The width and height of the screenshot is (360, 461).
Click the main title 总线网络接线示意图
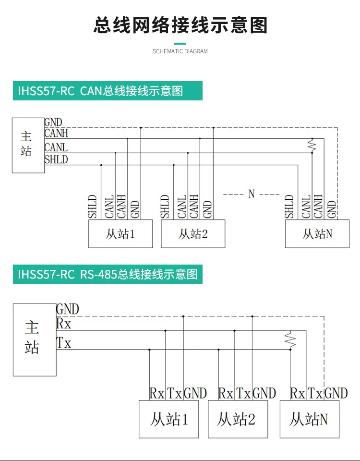tap(180, 25)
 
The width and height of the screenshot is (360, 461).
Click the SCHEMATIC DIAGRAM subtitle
tap(180, 51)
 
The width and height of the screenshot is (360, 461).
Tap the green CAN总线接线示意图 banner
tap(108, 91)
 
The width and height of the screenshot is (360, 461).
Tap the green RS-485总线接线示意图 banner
tap(108, 274)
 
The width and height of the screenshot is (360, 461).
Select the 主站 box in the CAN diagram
tap(28, 145)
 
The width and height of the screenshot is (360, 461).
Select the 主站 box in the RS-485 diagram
tap(35, 340)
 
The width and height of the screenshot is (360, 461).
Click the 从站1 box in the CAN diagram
tap(120, 234)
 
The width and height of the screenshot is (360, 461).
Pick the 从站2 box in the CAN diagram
tap(193, 234)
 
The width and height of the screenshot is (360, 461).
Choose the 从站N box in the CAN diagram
tap(317, 234)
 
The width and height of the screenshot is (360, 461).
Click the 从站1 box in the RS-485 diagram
tap(168, 419)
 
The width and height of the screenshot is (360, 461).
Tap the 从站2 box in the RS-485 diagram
tap(238, 419)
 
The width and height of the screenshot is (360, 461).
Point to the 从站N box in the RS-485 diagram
tap(310, 419)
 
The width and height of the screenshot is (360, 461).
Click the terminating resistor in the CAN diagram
tap(312, 146)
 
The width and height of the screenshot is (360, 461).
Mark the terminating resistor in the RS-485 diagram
tap(290, 340)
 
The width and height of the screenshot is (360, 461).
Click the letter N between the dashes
tap(251, 194)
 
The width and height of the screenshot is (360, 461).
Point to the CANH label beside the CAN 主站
tap(56, 133)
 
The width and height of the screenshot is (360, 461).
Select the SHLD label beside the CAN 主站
tap(56, 159)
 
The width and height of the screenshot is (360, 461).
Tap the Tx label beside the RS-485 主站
tap(63, 343)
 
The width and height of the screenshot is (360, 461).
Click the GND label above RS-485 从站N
tap(336, 393)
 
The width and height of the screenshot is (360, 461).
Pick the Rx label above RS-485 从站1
tap(156, 393)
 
